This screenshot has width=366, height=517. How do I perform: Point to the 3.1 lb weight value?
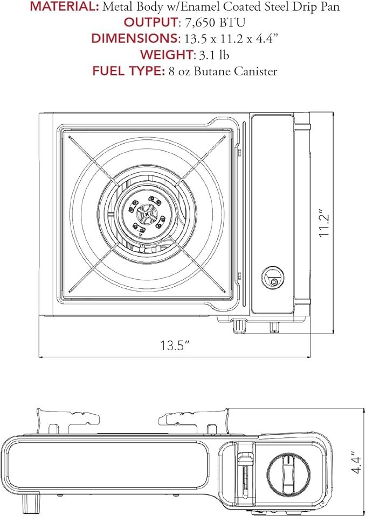(x=214, y=55)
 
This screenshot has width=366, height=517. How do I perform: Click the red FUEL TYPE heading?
(x=128, y=71)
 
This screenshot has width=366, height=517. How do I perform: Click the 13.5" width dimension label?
(x=175, y=345)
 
